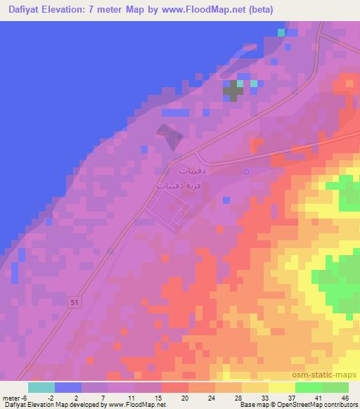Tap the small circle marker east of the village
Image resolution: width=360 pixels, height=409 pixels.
coord(246,171)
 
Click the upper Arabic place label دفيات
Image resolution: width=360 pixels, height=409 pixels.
coord(192,171)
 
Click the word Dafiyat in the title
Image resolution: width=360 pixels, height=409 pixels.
coord(25,10)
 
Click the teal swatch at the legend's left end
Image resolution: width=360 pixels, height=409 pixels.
coord(41,387)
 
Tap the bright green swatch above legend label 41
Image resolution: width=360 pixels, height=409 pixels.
coord(309,387)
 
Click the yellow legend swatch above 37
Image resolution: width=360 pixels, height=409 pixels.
coord(281,387)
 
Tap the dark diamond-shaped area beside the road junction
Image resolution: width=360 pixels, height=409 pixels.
coord(169,136)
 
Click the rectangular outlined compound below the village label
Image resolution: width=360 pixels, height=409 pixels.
coord(169,213)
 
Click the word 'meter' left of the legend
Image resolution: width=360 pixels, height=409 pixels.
coord(11,397)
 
